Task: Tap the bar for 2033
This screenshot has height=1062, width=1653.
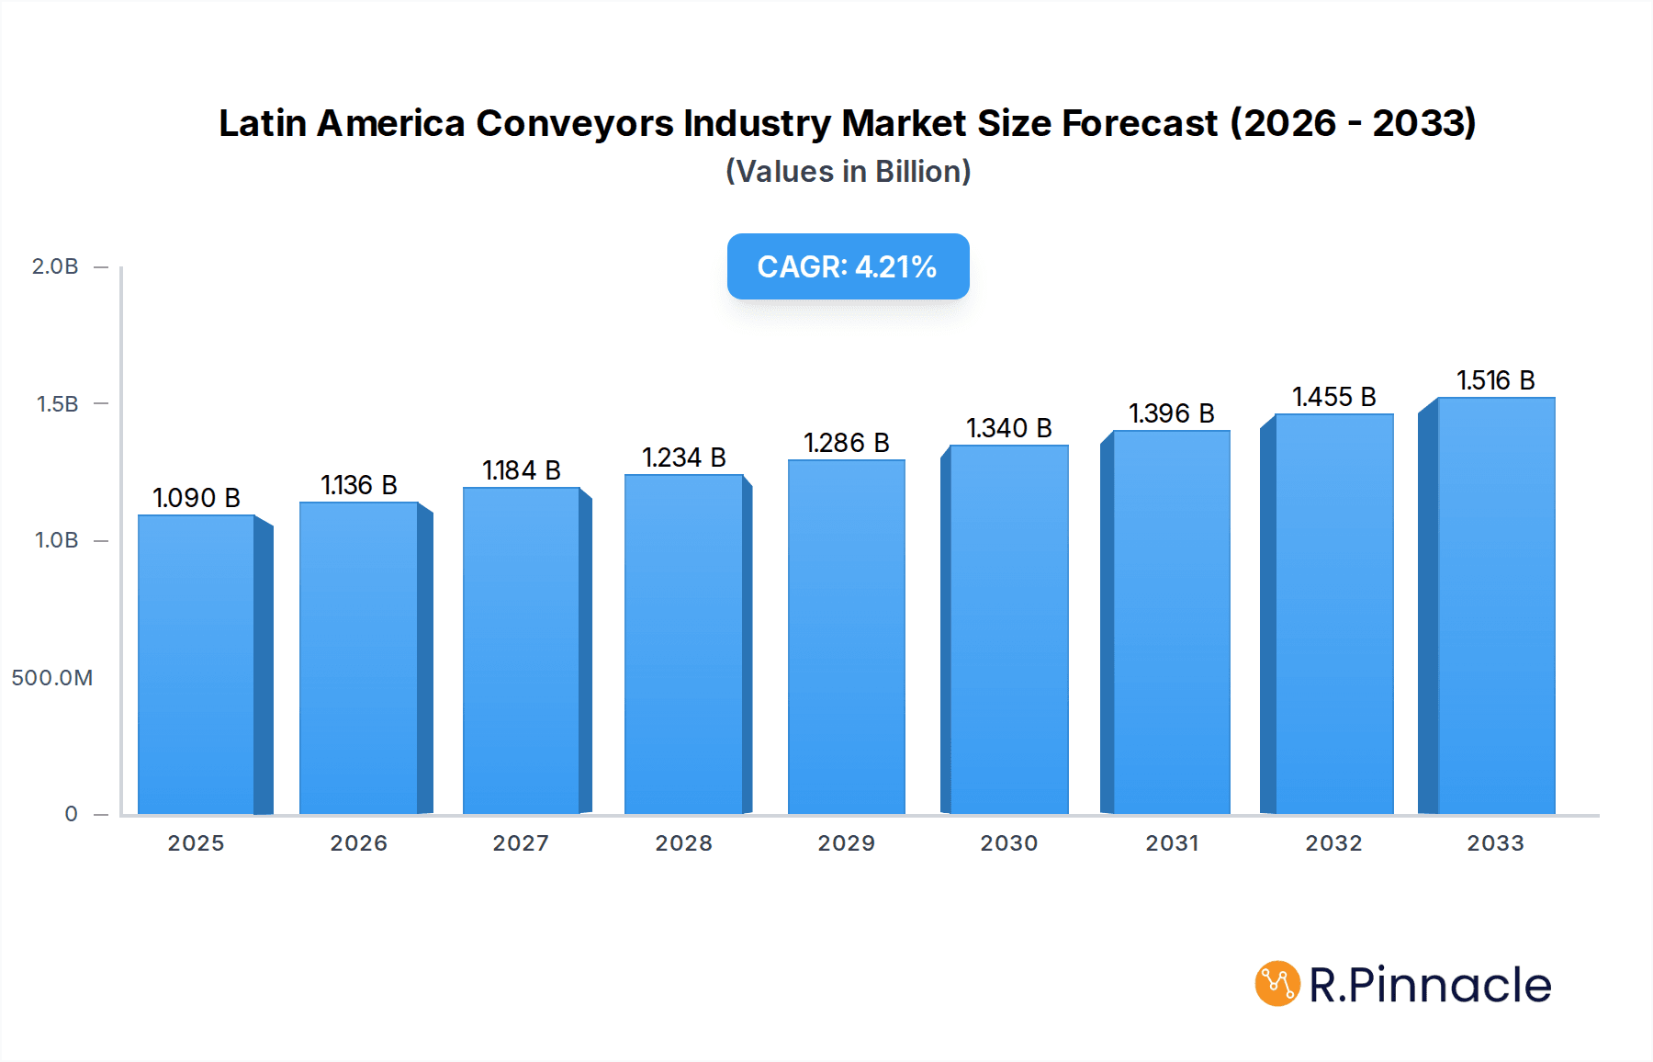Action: [x=1496, y=605]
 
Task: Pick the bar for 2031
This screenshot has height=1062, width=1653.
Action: [x=1171, y=622]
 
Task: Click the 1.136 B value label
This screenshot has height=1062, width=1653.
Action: [x=359, y=485]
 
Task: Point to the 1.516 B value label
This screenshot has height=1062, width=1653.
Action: [x=1495, y=380]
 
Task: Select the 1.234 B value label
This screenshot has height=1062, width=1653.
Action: [x=683, y=458]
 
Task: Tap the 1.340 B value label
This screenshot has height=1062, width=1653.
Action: [x=1008, y=428]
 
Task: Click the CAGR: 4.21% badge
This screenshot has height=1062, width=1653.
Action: [x=848, y=266]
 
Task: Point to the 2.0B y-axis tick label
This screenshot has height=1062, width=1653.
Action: [x=55, y=266]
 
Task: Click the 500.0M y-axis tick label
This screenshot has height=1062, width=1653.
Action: [x=52, y=678]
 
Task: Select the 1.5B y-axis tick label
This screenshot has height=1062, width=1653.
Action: [x=57, y=404]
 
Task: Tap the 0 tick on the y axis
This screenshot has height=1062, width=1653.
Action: [x=71, y=814]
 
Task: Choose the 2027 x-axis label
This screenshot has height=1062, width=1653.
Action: [x=521, y=843]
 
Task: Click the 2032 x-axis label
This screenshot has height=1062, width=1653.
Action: [x=1333, y=843]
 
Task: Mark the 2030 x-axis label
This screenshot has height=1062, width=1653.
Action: [x=1008, y=843]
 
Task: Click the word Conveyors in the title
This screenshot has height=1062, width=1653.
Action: [x=574, y=124]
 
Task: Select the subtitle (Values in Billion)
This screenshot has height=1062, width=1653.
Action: [x=848, y=172]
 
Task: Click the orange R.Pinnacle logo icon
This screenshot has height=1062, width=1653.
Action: [x=1276, y=984]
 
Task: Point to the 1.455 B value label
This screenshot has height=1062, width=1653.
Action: [x=1333, y=397]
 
